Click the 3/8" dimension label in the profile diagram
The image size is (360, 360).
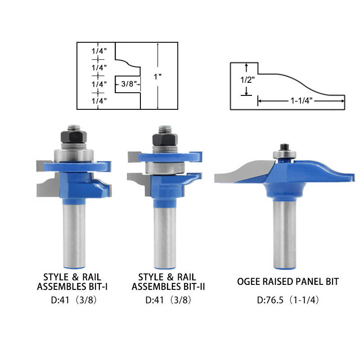(x=129, y=84)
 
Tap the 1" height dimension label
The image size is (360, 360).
(x=158, y=76)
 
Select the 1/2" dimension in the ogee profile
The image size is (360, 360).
(x=247, y=80)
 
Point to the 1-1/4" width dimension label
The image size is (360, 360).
(x=301, y=100)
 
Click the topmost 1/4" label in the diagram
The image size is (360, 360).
(x=99, y=51)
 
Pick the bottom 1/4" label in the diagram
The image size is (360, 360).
(x=99, y=100)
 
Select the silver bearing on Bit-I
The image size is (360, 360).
(x=74, y=156)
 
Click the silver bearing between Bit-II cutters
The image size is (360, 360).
(x=165, y=168)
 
